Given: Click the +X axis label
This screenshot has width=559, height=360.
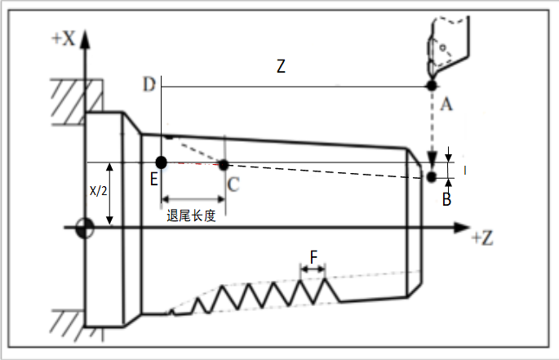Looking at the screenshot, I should [64, 39].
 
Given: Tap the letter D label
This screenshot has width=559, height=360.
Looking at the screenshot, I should [149, 85].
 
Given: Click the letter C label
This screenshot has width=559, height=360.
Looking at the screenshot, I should [233, 184].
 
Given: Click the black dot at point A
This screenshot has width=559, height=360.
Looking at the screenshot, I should [431, 86].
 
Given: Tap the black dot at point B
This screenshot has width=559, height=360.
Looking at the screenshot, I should [431, 176].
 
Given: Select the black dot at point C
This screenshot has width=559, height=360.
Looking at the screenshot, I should [224, 164].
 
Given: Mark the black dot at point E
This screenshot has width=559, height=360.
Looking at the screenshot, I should [162, 162].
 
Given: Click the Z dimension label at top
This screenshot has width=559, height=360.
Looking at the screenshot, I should [281, 68].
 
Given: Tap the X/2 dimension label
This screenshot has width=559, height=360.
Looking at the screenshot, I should [97, 189].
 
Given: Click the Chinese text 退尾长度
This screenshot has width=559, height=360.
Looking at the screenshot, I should [190, 216].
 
